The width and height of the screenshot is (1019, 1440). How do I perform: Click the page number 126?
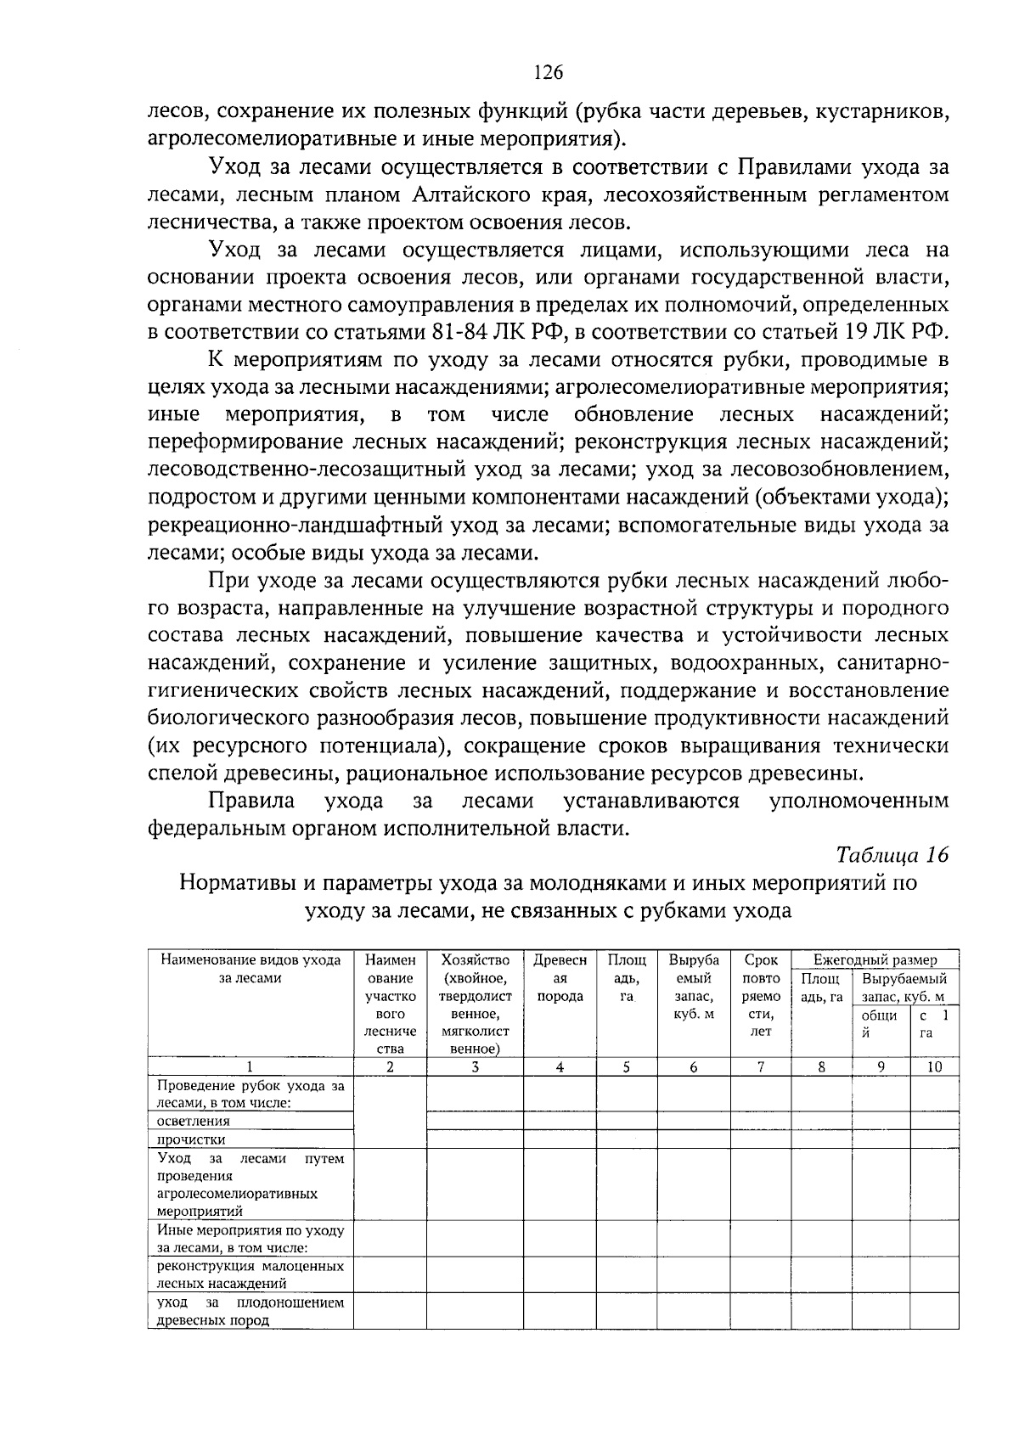click(548, 72)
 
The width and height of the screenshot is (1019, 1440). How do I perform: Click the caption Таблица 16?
click(892, 854)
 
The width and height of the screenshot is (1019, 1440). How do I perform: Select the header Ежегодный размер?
click(875, 959)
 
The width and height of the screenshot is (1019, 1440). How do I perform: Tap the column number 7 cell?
click(761, 1067)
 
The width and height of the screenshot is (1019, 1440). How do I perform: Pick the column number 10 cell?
click(933, 1067)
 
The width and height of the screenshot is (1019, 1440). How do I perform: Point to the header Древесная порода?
click(560, 978)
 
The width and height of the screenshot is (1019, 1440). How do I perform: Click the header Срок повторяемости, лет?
click(761, 995)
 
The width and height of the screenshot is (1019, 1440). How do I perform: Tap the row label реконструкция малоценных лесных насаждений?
click(251, 1274)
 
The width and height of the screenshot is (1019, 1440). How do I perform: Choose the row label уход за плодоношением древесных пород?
click(251, 1311)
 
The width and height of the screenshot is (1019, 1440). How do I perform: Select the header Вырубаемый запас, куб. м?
click(904, 987)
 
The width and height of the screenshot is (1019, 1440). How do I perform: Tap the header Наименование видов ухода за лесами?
click(251, 969)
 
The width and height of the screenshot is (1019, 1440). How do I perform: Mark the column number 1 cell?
click(250, 1067)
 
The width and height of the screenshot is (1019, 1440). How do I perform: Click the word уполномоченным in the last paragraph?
click(859, 801)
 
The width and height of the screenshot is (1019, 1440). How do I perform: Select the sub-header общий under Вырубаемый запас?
click(880, 1024)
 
